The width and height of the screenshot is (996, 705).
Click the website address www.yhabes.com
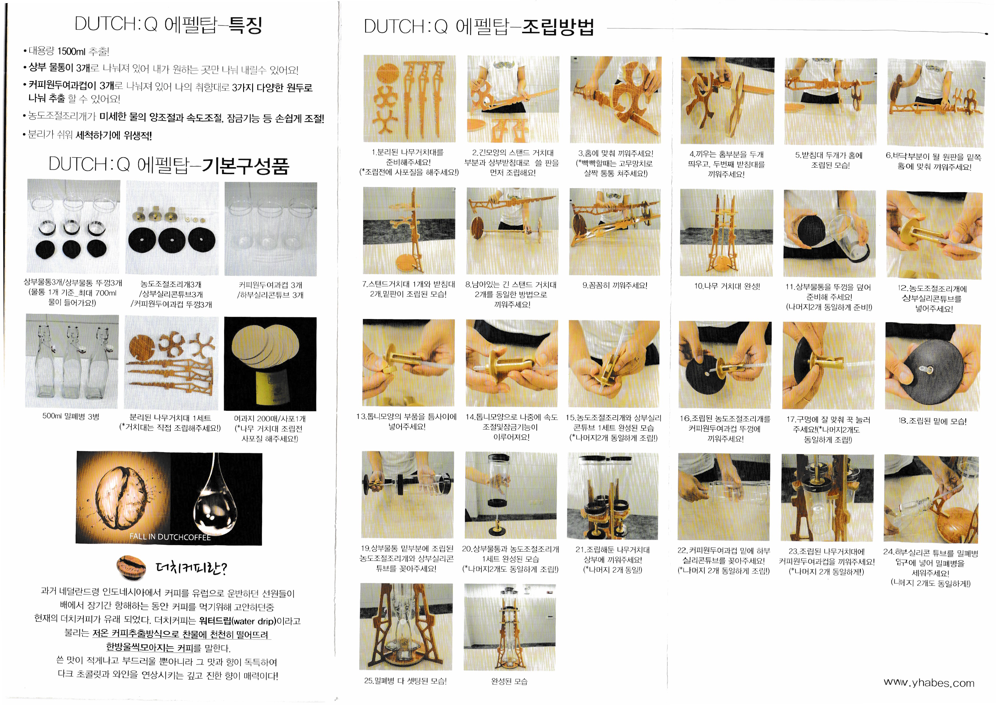(929, 683)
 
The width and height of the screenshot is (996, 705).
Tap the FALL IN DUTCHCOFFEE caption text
(170, 536)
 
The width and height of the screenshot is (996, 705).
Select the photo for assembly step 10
(726, 233)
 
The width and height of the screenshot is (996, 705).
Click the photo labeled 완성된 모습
(510, 627)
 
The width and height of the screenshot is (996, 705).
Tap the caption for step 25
(405, 681)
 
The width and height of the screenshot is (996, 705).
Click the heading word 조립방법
(557, 27)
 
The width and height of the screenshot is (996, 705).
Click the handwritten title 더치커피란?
(191, 567)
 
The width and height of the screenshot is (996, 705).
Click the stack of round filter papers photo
(270, 364)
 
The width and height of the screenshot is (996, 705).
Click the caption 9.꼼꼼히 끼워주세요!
(615, 286)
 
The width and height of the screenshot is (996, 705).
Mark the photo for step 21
(613, 496)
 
